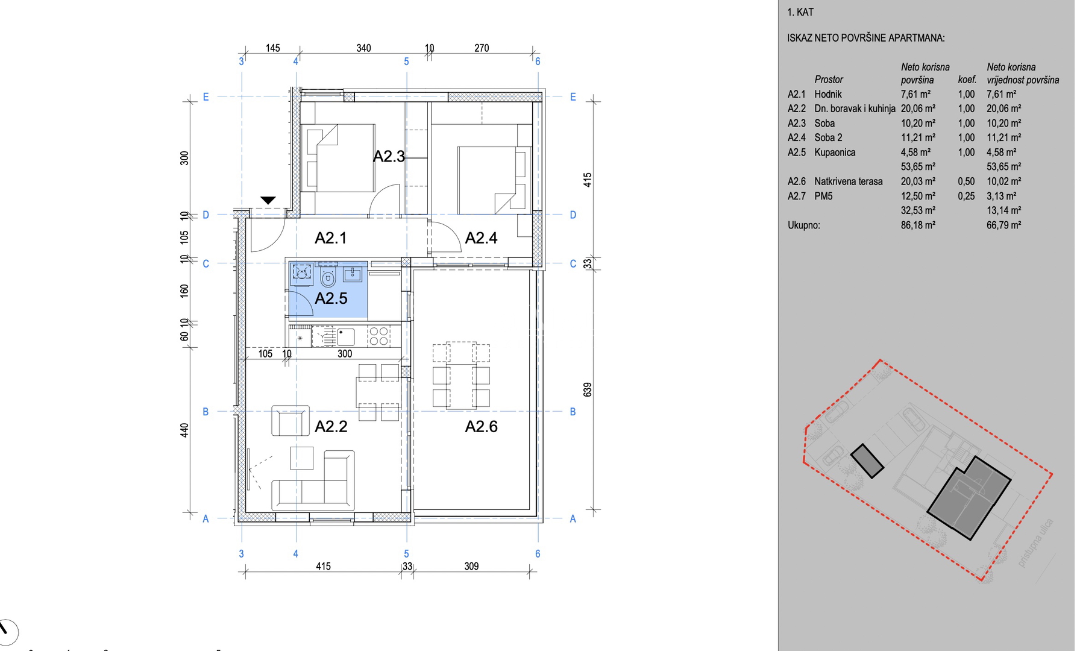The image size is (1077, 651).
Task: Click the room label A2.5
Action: coord(331,298)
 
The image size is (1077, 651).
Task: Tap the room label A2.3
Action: coord(389,157)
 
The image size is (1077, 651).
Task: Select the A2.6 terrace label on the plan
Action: coord(481,427)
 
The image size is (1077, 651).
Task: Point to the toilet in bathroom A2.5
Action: coord(328,277)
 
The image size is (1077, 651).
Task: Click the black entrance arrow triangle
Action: coord(268,200)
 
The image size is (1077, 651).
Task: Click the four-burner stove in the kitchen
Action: coord(378,336)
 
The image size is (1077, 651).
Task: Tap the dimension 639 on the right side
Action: coord(588,389)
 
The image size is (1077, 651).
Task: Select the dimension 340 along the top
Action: coord(363,48)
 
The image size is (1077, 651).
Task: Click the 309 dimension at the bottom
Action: coord(471,567)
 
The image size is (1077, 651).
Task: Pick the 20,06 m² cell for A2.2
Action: coord(918,108)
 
